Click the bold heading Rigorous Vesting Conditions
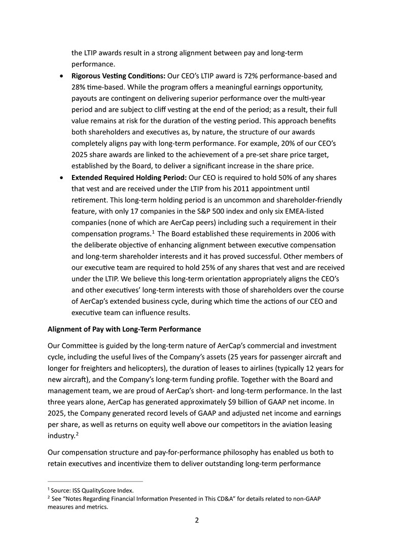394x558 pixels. (x=118, y=76)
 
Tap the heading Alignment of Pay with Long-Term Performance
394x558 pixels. (x=124, y=329)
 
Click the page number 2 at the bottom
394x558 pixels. (x=197, y=520)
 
